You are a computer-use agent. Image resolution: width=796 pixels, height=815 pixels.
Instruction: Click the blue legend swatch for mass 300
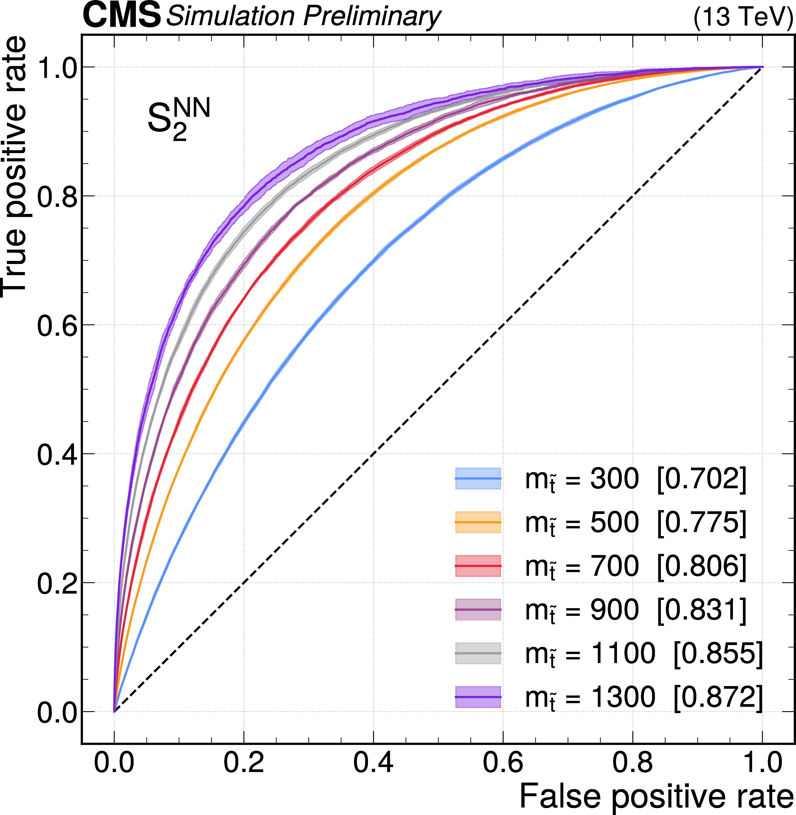(x=478, y=478)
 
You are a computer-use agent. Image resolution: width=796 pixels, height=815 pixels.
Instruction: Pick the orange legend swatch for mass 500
(x=478, y=522)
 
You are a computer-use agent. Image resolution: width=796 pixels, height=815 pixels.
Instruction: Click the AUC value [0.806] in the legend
(x=702, y=566)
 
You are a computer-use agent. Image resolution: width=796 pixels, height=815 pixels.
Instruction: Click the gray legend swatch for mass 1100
(x=478, y=653)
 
